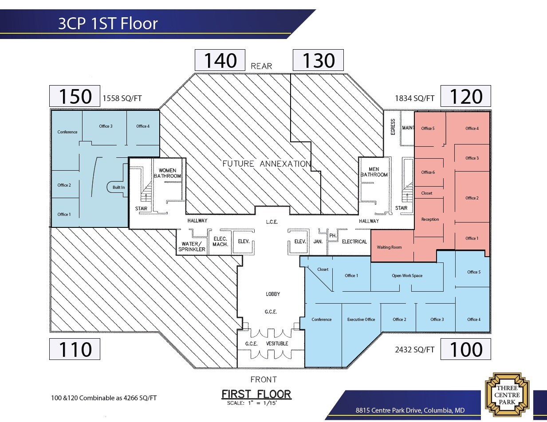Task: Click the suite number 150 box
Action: pos(74,96)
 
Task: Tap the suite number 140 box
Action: pos(220,60)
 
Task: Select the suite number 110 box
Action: pos(74,349)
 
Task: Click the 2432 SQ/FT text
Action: pos(415,350)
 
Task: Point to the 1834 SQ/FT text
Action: pos(415,98)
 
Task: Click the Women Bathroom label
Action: pos(167,173)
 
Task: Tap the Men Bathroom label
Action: pos(374,172)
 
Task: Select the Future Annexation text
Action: pos(266,164)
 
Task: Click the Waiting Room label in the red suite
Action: pos(389,247)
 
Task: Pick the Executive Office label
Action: pos(361,319)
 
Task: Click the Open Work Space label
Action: pos(407,275)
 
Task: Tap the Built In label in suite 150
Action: pos(118,188)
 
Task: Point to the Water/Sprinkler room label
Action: pos(192,246)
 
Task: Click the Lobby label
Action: pos(273,294)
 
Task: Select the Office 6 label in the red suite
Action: pos(428,172)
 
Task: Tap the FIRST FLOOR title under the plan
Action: pos(256,394)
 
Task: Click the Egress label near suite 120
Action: pos(393,127)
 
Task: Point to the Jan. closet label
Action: pos(318,241)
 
